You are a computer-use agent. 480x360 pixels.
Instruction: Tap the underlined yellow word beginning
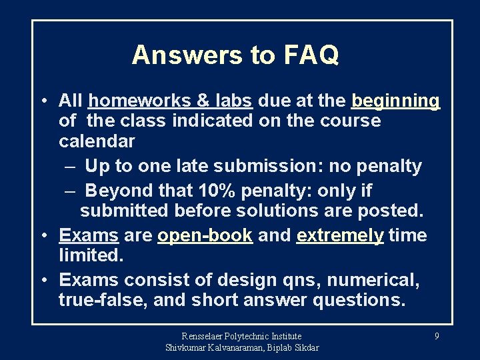click(x=395, y=101)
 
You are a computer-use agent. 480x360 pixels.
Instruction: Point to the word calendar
click(x=97, y=141)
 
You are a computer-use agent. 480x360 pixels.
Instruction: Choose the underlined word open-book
click(x=205, y=235)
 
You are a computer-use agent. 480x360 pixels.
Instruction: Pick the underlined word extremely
click(x=340, y=235)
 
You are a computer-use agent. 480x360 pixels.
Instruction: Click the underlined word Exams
click(x=89, y=235)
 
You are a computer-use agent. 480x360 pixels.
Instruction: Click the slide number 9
click(x=437, y=336)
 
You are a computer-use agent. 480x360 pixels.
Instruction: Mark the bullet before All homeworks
click(x=42, y=101)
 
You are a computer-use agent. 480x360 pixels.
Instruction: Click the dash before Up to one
click(x=70, y=166)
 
